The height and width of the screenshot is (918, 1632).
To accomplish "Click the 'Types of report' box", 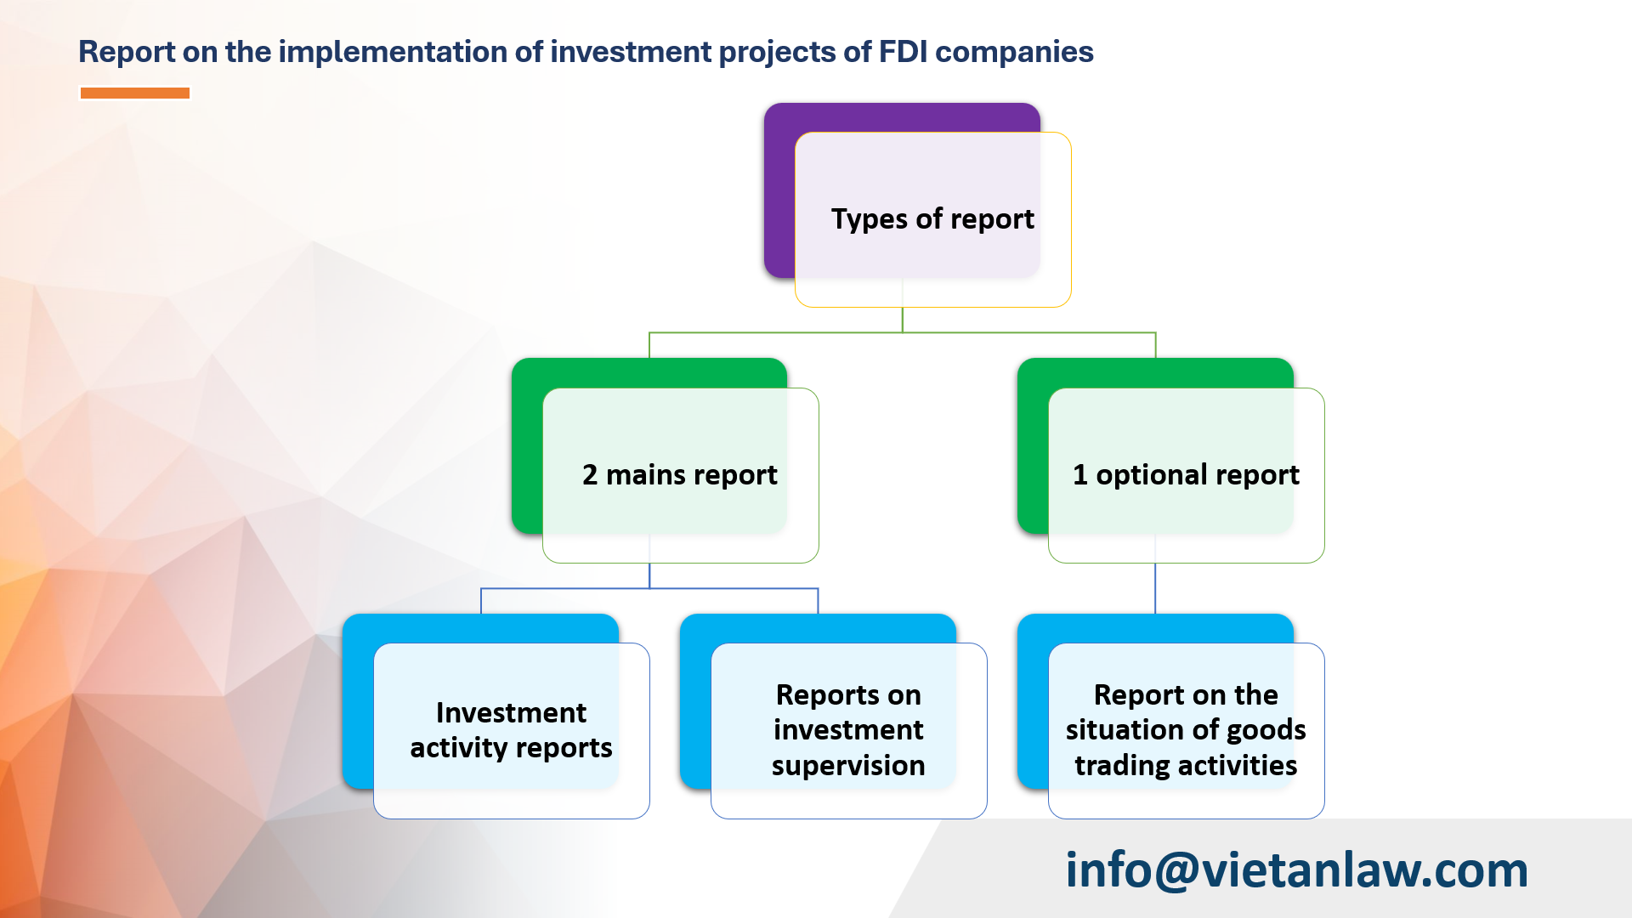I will [x=932, y=219].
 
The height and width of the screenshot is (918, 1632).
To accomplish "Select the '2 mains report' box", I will [x=680, y=474].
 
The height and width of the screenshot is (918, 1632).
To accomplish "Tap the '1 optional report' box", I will [x=1186, y=474].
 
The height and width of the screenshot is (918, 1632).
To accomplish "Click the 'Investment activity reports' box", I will [x=511, y=730].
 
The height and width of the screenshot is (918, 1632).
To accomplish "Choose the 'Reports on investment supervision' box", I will [x=848, y=730].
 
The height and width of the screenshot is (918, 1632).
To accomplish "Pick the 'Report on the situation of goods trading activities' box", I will [x=1186, y=730].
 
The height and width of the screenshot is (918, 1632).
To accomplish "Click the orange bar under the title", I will [x=134, y=93].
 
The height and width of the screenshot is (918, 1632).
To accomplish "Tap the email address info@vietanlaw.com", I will [x=1296, y=870].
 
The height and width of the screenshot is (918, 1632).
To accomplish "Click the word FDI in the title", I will [x=903, y=52].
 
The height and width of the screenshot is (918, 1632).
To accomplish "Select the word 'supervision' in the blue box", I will [x=848, y=766].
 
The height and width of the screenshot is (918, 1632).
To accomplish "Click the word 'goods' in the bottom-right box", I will [x=1266, y=730].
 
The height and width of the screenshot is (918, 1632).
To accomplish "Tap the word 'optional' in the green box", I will [x=1147, y=474].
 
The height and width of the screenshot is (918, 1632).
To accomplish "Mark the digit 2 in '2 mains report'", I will [x=590, y=474].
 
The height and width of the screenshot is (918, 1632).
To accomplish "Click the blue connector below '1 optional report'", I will [x=1154, y=588].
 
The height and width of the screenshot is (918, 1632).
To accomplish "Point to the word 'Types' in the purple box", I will [x=869, y=219].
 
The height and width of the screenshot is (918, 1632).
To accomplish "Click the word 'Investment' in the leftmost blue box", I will [x=511, y=712].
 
